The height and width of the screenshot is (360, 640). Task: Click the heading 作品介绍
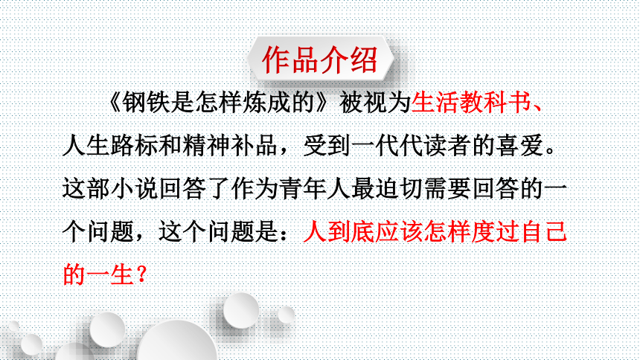320,60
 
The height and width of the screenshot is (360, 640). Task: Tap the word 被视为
374,103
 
